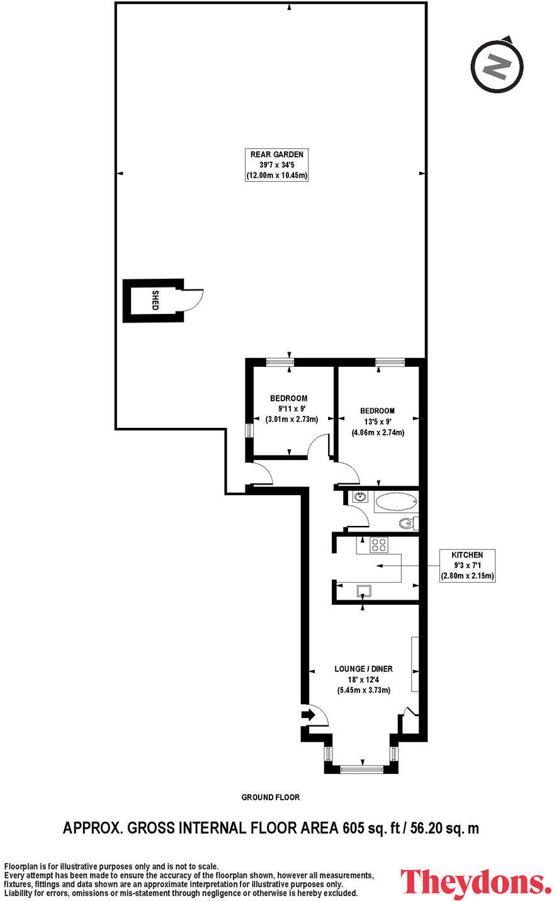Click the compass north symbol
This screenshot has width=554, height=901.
497,66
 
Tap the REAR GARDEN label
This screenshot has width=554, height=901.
277,165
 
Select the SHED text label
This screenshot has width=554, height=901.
155,300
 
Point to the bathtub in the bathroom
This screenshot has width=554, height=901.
395,503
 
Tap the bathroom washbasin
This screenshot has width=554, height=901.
359,497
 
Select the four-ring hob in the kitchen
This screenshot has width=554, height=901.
378,546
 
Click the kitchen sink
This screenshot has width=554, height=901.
365,591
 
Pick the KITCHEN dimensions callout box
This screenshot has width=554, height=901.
467,565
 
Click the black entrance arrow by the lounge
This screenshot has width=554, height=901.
309,715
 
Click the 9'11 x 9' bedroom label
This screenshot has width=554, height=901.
289,408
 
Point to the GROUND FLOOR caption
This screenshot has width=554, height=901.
271,797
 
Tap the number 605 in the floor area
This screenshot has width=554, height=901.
354,827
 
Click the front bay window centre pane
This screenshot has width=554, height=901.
361,768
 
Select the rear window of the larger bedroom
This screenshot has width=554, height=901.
390,361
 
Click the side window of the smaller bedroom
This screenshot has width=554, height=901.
249,431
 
